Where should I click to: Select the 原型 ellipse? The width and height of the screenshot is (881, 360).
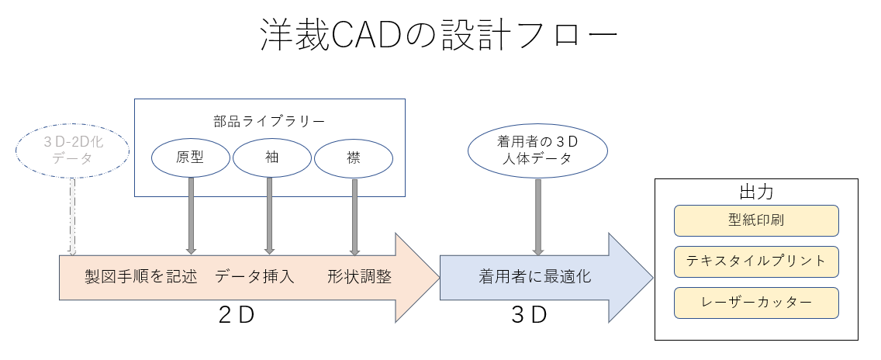tap(190, 158)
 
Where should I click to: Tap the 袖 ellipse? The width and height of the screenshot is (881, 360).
tap(270, 158)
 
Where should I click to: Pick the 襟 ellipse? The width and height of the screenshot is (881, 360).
tap(354, 158)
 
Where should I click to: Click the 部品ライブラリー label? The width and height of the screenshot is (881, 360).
tap(269, 120)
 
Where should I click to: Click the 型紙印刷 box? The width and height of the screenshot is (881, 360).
tap(756, 220)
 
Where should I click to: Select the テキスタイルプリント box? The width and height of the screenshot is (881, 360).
tap(756, 261)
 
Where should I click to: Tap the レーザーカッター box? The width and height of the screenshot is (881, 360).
tap(756, 303)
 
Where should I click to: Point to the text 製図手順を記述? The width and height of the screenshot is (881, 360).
tap(140, 277)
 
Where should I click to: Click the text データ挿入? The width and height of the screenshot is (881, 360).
tap(254, 277)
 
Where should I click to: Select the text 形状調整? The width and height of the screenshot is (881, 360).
tap(359, 277)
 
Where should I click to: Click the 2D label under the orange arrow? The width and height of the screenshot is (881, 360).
tap(236, 316)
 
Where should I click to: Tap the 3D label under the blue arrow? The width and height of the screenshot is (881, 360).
tap(529, 316)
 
